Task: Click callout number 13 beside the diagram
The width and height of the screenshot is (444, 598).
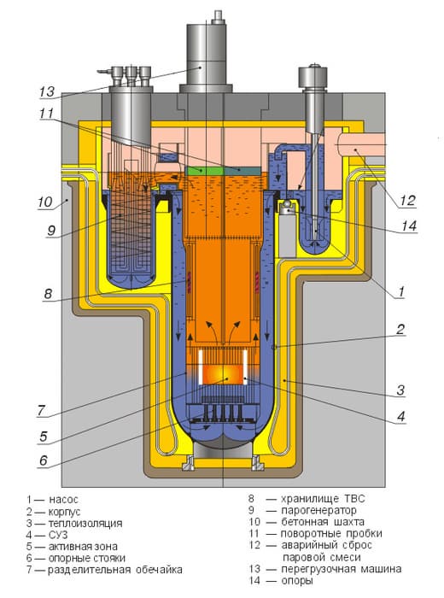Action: coord(47,92)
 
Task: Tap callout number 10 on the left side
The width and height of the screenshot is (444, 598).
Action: coord(45,202)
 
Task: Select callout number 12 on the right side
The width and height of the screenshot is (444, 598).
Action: coord(407,201)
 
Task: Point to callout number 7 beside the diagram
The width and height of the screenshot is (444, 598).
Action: coord(41,411)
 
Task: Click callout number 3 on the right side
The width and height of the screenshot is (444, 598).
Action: coord(400,390)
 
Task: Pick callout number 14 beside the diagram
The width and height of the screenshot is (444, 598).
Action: coord(409,226)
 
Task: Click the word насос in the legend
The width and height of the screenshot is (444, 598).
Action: coord(63,500)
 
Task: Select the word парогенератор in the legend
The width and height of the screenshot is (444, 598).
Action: coord(318,510)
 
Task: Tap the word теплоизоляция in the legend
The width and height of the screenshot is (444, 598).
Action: coord(85,523)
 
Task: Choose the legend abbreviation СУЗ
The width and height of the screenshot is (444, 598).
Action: coord(58,535)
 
